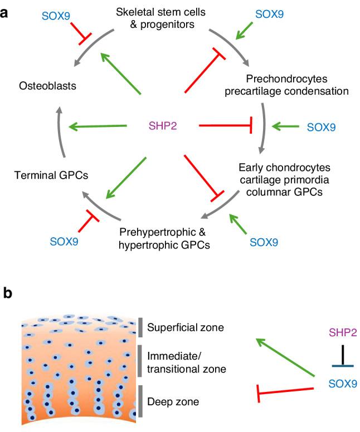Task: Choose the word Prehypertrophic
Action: pyautogui.click(x=152, y=231)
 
